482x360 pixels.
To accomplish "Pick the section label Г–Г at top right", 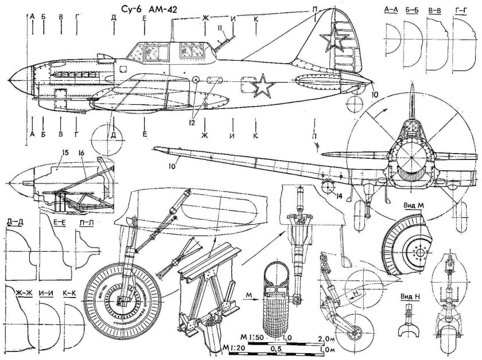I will [x=460, y=9].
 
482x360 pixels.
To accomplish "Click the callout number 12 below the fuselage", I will [x=192, y=122].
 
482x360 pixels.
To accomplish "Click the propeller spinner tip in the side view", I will [x=11, y=80].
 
